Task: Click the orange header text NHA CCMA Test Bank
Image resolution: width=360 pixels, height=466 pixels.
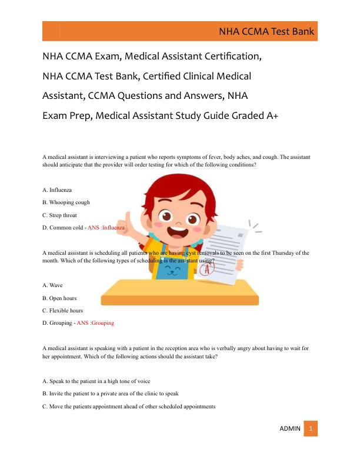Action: pyautogui.click(x=266, y=32)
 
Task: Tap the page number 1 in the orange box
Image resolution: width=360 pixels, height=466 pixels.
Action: pyautogui.click(x=311, y=429)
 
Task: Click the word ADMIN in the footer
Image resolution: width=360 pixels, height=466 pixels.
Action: pyautogui.click(x=289, y=429)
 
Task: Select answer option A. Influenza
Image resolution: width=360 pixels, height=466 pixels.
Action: pyautogui.click(x=57, y=190)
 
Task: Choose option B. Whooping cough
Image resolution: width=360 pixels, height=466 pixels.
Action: pyautogui.click(x=66, y=202)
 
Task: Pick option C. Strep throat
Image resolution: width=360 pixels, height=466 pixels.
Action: pyautogui.click(x=60, y=215)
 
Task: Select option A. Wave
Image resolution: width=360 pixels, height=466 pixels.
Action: pyautogui.click(x=53, y=285)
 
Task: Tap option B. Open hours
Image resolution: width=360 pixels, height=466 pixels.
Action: pyautogui.click(x=59, y=298)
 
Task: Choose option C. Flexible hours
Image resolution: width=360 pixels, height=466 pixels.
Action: pyautogui.click(x=63, y=310)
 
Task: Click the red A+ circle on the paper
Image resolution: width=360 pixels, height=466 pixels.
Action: pyautogui.click(x=205, y=269)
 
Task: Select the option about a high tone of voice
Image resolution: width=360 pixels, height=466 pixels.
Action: pyautogui.click(x=96, y=381)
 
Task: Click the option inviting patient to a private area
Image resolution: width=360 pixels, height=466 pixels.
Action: pyautogui.click(x=111, y=394)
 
